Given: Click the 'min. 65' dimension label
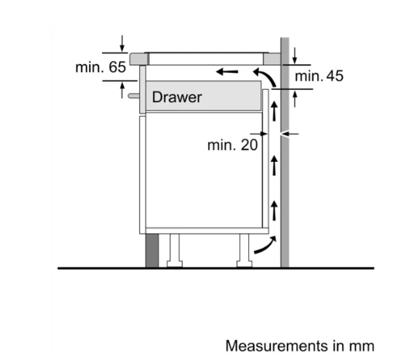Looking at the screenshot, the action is pyautogui.click(x=101, y=67).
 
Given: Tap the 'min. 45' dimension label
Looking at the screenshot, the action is pyautogui.click(x=319, y=76).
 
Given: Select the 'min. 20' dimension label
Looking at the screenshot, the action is pyautogui.click(x=232, y=145).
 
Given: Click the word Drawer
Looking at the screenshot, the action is pyautogui.click(x=177, y=97).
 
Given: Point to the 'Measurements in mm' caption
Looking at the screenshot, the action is pyautogui.click(x=300, y=346).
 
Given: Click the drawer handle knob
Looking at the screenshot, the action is pyautogui.click(x=134, y=95).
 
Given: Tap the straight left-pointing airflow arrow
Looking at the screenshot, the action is pyautogui.click(x=227, y=71).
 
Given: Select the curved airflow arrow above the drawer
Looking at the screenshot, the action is pyautogui.click(x=265, y=77).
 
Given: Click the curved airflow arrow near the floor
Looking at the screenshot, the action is pyautogui.click(x=265, y=245).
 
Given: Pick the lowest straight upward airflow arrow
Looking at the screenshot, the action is pyautogui.click(x=274, y=211).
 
